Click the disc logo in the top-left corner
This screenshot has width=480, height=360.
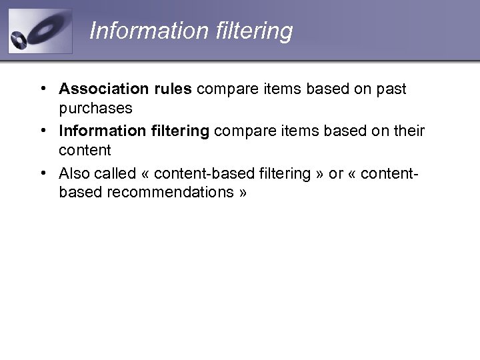click(x=39, y=31)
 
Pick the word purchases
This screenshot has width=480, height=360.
click(x=95, y=107)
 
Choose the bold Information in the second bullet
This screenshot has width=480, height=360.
click(x=100, y=131)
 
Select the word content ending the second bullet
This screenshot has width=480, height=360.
click(x=85, y=150)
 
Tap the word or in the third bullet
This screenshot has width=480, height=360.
click(x=336, y=174)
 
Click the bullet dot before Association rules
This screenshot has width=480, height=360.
click(x=42, y=89)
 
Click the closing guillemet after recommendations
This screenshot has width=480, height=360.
click(x=242, y=193)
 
